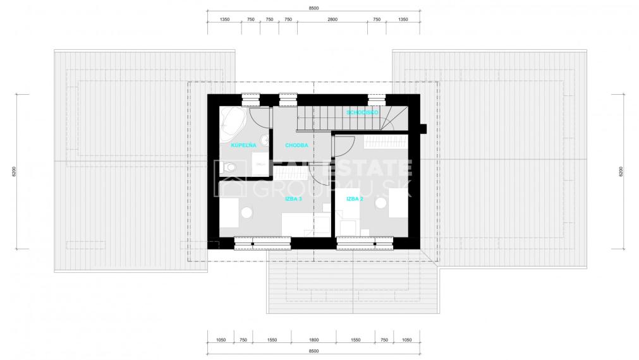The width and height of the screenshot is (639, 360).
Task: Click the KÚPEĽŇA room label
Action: (243, 145)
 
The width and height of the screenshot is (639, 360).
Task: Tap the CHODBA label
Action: (296, 145)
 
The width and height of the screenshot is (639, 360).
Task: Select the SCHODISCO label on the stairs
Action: (362, 112)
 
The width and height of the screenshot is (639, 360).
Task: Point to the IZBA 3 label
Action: (293, 198)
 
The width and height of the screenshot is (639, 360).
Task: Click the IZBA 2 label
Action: (354, 198)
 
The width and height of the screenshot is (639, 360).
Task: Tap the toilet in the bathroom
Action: (231, 167)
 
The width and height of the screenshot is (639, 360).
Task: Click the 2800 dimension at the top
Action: (332, 20)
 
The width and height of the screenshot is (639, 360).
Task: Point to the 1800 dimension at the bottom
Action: (314, 340)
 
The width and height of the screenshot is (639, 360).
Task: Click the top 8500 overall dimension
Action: (314, 8)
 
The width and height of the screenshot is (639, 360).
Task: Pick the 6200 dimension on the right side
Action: (621, 171)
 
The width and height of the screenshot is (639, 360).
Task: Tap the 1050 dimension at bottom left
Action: (221, 340)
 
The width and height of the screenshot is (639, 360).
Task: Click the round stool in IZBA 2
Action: (381, 203)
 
